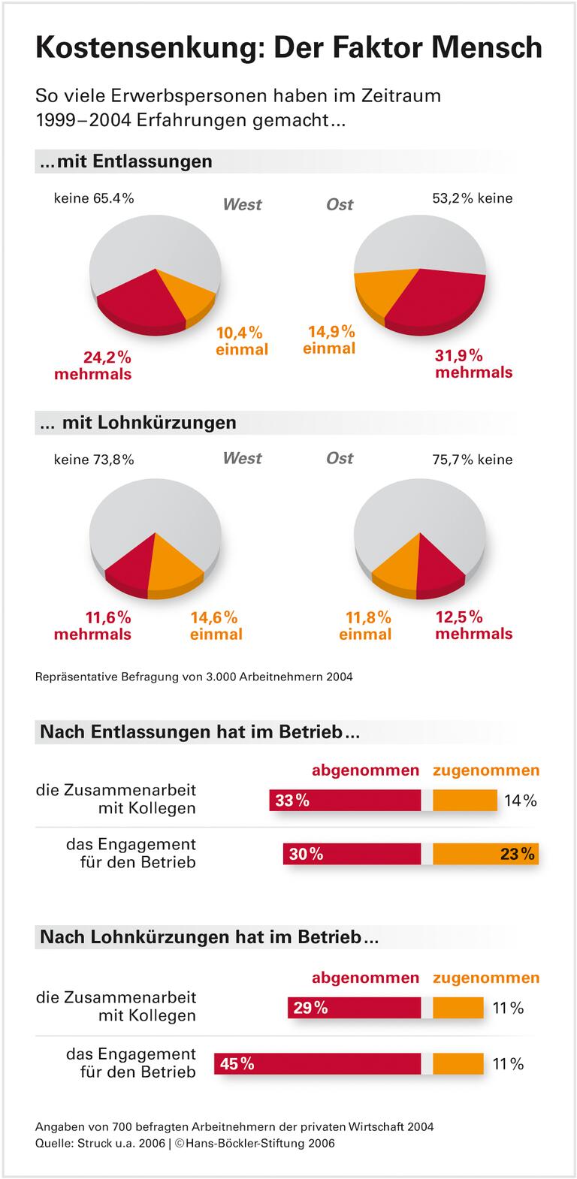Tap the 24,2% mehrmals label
tap(92, 365)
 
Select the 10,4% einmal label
tap(241, 340)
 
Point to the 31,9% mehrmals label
tap(473, 363)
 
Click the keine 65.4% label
tap(94, 198)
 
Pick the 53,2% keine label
tap(472, 198)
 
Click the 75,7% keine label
tap(472, 460)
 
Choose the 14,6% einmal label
tap(216, 626)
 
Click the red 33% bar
tap(345, 801)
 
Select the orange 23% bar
tap(485, 854)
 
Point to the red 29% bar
tap(354, 1008)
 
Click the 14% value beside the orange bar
tap(520, 801)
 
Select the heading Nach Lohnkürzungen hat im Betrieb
tap(209, 937)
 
